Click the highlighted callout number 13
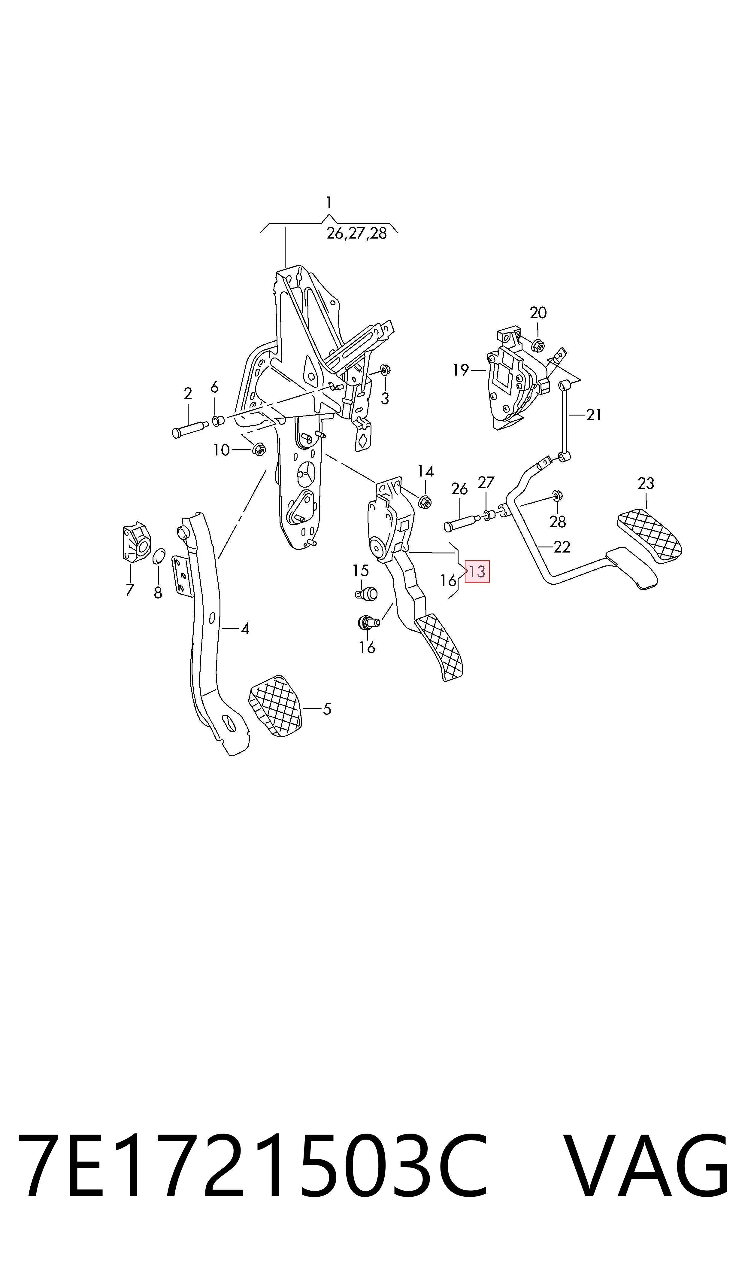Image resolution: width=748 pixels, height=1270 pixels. [x=477, y=572]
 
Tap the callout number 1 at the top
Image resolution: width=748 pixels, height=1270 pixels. [x=329, y=203]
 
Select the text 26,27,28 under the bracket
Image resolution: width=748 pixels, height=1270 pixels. [x=356, y=233]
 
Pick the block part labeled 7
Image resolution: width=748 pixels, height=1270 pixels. [x=136, y=543]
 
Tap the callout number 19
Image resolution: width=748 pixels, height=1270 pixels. [x=461, y=370]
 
